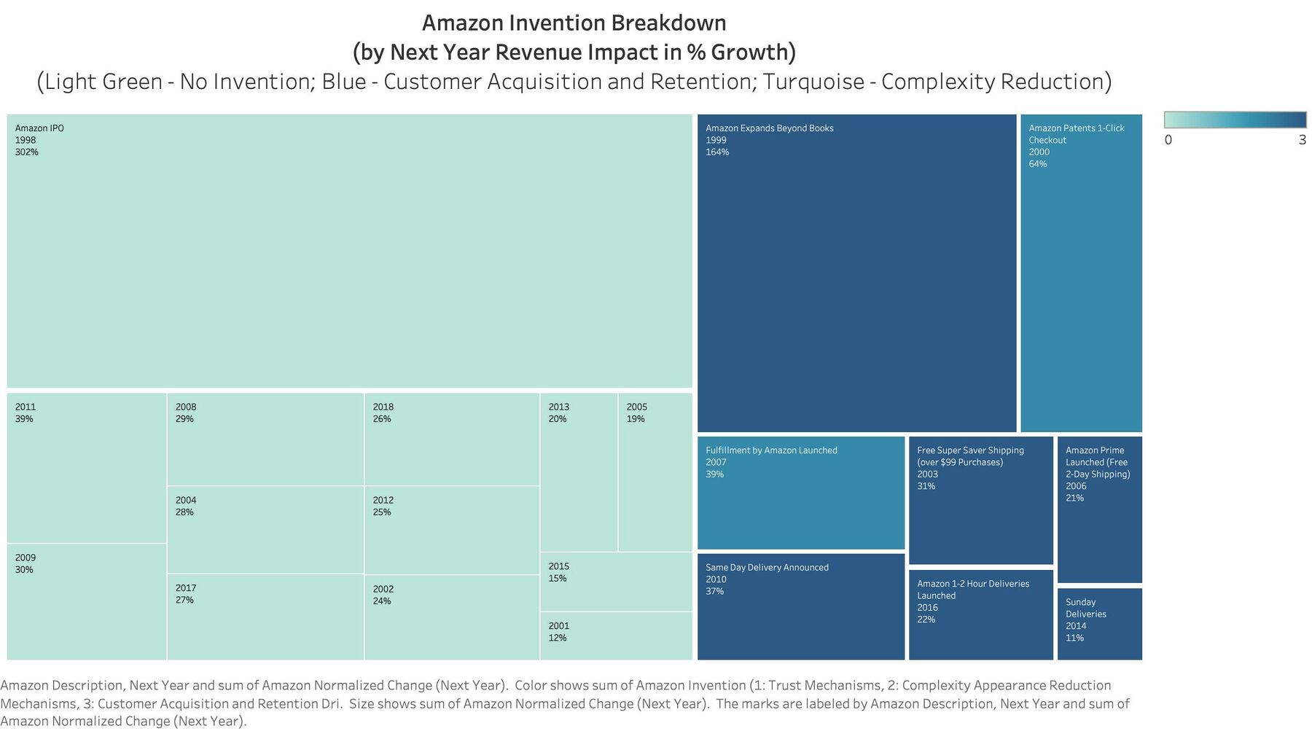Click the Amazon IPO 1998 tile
pyautogui.click(x=349, y=251)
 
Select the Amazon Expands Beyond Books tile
pyautogui.click(x=856, y=273)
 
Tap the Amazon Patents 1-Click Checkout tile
pyautogui.click(x=1081, y=273)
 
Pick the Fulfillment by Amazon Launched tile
pyautogui.click(x=801, y=493)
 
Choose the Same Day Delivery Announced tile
pyautogui.click(x=801, y=607)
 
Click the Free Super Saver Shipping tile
pyautogui.click(x=981, y=501)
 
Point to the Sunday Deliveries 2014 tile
pyautogui.click(x=1100, y=625)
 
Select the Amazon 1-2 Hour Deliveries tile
pyautogui.click(x=981, y=615)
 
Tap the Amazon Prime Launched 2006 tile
pyautogui.click(x=1100, y=510)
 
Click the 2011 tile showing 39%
pyautogui.click(x=87, y=468)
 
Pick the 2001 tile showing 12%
pyautogui.click(x=616, y=636)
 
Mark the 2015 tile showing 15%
pyautogui.click(x=616, y=582)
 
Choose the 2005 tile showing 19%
pyautogui.click(x=655, y=472)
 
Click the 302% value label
pyautogui.click(x=27, y=152)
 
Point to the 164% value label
pyautogui.click(x=717, y=152)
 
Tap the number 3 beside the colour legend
pyautogui.click(x=1303, y=140)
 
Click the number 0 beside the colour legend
pyautogui.click(x=1168, y=140)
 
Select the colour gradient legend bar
pyautogui.click(x=1235, y=120)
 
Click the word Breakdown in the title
pyautogui.click(x=668, y=23)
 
